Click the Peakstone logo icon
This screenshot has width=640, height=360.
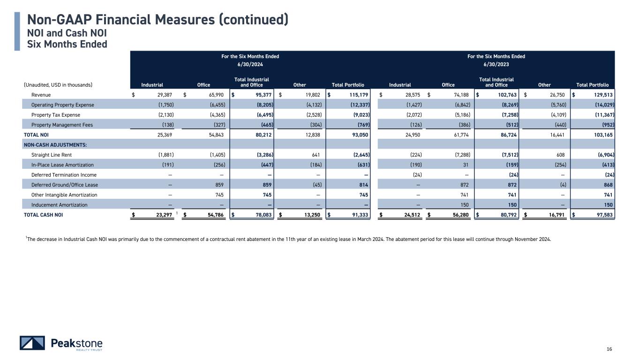coord(32,343)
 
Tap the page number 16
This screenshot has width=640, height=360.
coord(610,349)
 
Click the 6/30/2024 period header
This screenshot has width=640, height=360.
coord(250,65)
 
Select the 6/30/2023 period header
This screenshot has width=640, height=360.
coord(496,65)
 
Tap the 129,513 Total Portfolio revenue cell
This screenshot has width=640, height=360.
coord(602,95)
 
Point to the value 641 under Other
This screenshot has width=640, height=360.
coord(316,155)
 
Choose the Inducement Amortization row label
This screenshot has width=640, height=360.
coord(59,205)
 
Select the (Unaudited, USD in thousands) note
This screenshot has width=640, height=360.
coord(58,85)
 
